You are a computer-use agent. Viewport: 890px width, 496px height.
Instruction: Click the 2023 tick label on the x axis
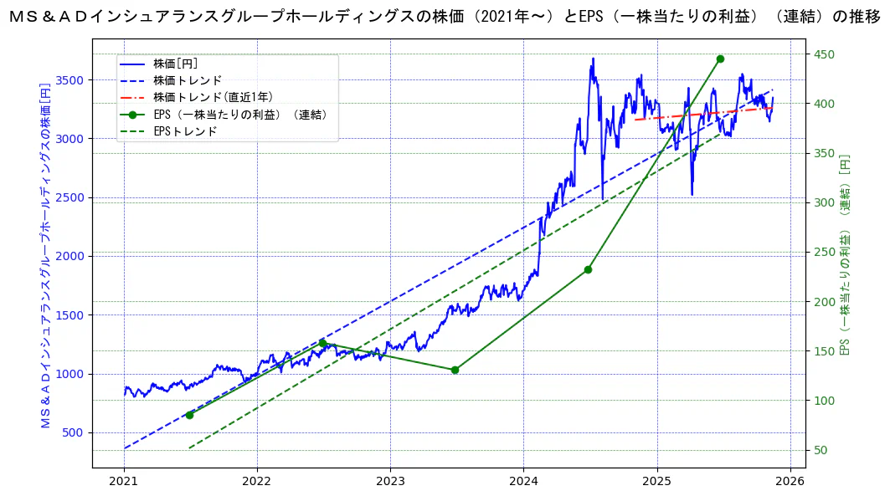(390, 482)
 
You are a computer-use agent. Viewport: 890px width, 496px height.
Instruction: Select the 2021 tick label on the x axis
(124, 482)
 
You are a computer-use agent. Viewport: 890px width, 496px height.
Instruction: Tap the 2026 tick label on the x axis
(790, 482)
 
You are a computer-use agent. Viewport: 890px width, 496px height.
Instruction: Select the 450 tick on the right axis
(825, 54)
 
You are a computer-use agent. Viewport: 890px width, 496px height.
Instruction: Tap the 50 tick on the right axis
(821, 451)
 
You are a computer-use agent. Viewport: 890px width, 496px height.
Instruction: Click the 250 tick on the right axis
(825, 253)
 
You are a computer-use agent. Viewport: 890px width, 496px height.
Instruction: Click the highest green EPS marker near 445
(720, 59)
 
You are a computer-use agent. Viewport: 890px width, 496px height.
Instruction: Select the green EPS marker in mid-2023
(455, 370)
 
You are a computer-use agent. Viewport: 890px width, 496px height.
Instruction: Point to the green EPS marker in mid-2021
(189, 415)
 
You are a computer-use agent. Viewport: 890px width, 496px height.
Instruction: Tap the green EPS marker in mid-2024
(588, 269)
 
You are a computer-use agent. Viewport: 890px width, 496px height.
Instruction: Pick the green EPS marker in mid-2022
(322, 343)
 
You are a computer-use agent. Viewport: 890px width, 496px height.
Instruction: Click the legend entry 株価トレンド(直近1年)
(213, 97)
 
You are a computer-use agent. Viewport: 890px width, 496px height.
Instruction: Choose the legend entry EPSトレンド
(185, 131)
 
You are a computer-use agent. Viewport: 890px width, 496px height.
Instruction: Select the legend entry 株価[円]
(175, 64)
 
